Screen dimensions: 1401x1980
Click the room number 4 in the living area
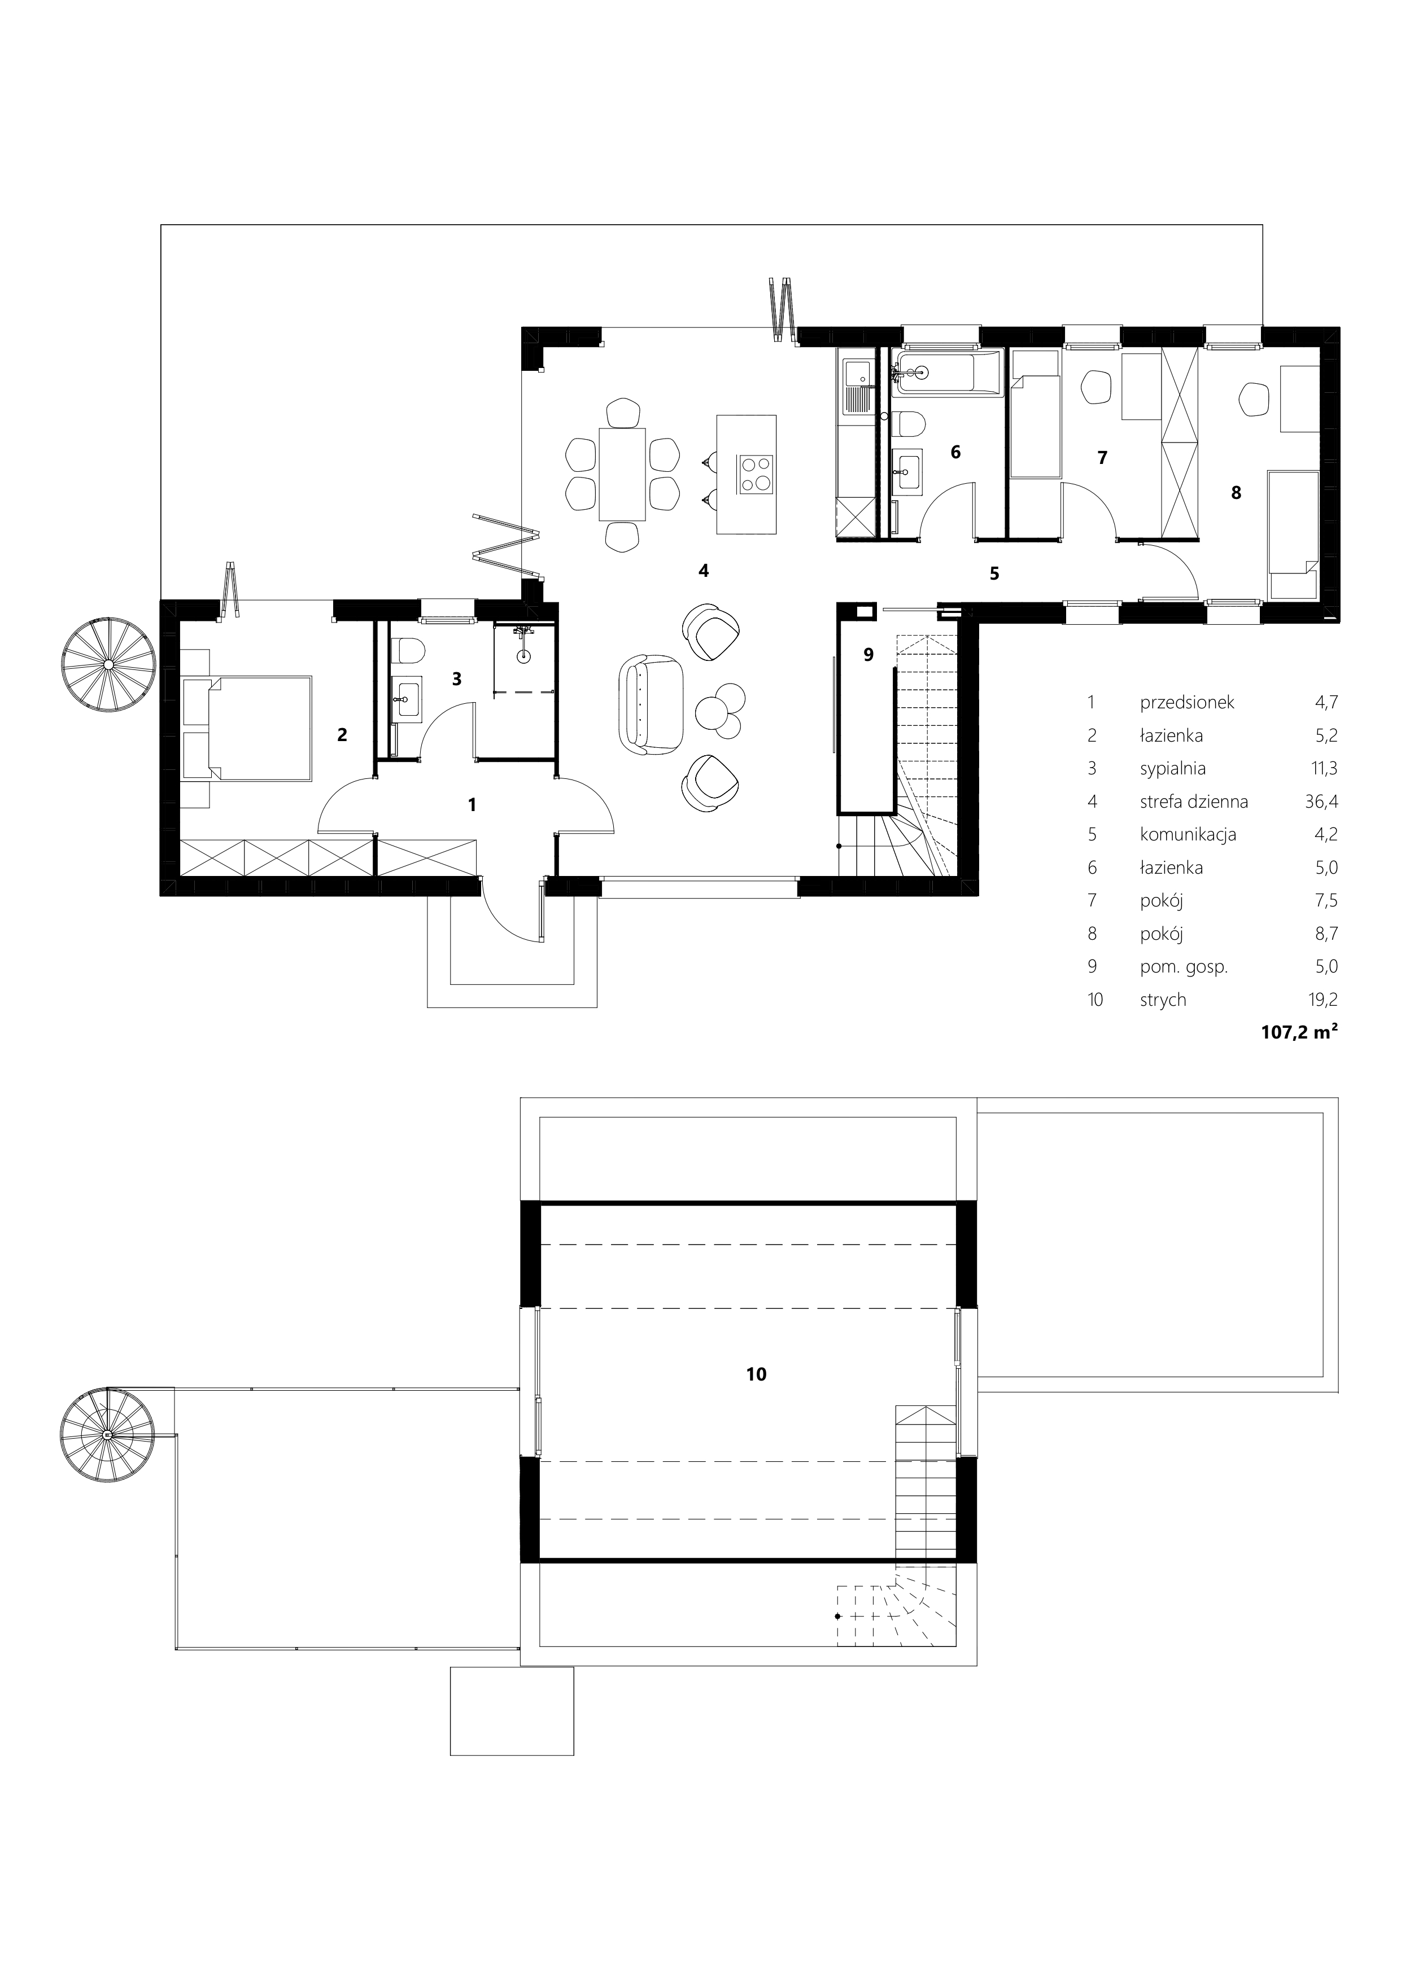pos(704,571)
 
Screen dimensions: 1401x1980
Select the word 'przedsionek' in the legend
pos(1187,703)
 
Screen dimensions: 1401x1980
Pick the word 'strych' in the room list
pos(1163,1000)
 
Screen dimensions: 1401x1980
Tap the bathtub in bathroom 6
pos(946,374)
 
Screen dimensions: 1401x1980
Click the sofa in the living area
pos(651,703)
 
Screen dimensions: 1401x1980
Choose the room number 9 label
pos(868,655)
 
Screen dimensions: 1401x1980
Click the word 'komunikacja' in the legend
pos(1188,835)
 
